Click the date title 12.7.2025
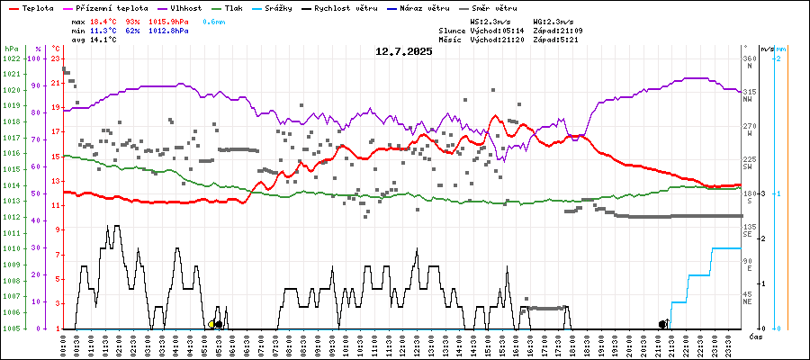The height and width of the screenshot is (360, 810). pos(404,51)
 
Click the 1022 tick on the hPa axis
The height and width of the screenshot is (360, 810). pos(11,58)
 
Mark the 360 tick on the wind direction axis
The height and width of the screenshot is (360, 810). pos(749,58)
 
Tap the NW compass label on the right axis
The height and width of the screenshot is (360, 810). pos(748,99)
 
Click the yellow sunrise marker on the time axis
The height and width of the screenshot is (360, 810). pos(211,324)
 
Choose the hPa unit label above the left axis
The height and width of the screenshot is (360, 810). pos(11,48)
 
